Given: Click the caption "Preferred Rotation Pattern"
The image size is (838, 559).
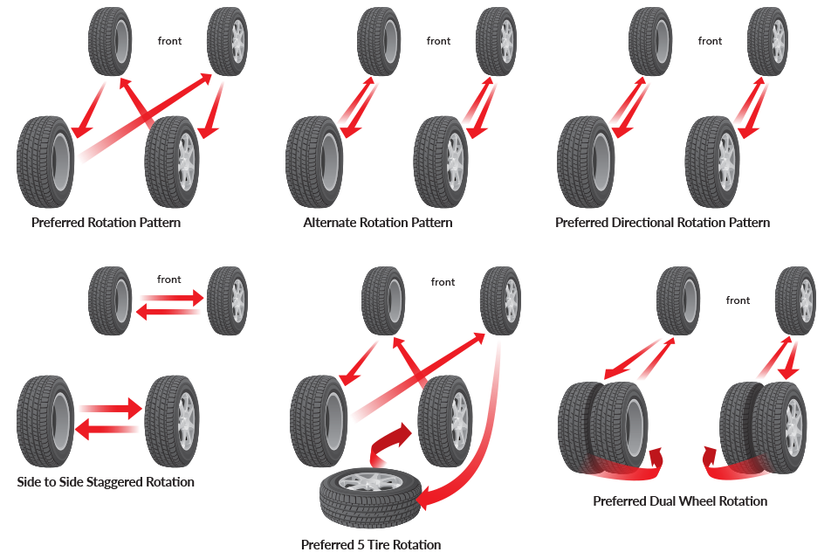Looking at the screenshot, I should [x=106, y=223].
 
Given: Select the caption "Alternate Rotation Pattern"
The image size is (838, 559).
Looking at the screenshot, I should [x=377, y=223].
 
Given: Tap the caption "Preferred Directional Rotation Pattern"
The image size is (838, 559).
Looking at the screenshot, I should [x=662, y=223].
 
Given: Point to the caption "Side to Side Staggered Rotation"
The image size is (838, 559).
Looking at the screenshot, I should [x=106, y=482].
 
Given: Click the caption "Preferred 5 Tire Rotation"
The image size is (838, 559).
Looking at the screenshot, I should [x=370, y=545].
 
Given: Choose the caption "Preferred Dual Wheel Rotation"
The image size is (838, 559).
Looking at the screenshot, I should [x=679, y=501].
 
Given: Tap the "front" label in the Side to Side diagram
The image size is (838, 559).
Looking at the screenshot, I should [x=169, y=279].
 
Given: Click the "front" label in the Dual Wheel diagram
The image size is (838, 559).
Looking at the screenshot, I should [x=738, y=300].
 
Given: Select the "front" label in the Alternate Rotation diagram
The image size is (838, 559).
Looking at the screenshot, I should [x=439, y=41].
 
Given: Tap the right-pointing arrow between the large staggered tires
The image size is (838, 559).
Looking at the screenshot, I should [x=109, y=408].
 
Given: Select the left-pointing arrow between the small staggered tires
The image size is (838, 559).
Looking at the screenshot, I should [x=169, y=312].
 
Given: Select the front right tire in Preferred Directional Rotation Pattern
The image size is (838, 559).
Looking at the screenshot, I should [x=766, y=40].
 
